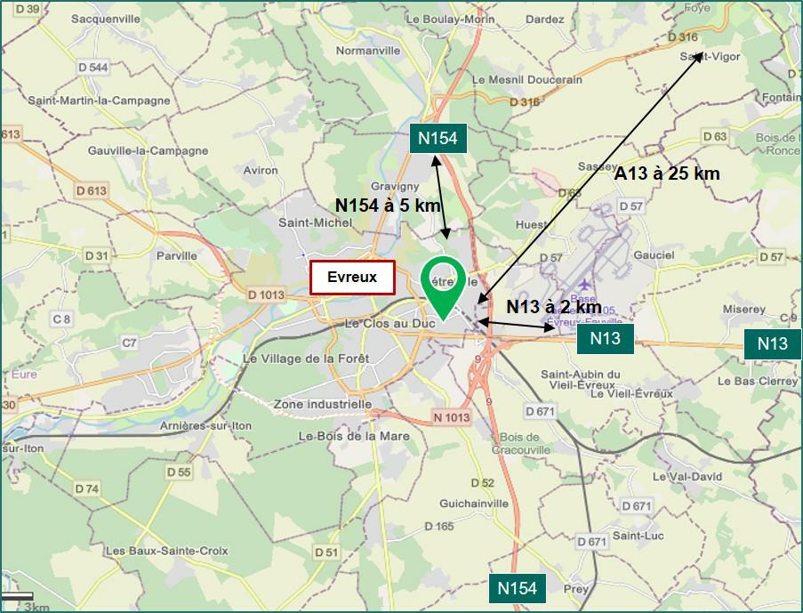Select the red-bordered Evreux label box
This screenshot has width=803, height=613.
coord(352,278)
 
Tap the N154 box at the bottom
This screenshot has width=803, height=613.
coord(516,588)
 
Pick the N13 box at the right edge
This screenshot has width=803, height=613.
coord(772,343)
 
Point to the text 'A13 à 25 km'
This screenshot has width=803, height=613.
coord(667,174)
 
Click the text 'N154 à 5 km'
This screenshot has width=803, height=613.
coord(388,205)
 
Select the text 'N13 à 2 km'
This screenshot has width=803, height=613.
coord(554,306)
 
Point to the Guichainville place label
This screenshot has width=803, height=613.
coord(474,503)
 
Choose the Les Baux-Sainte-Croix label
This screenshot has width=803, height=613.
coord(166,551)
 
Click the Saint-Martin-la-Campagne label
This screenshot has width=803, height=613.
coord(99,101)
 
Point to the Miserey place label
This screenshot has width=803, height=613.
coord(744,309)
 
